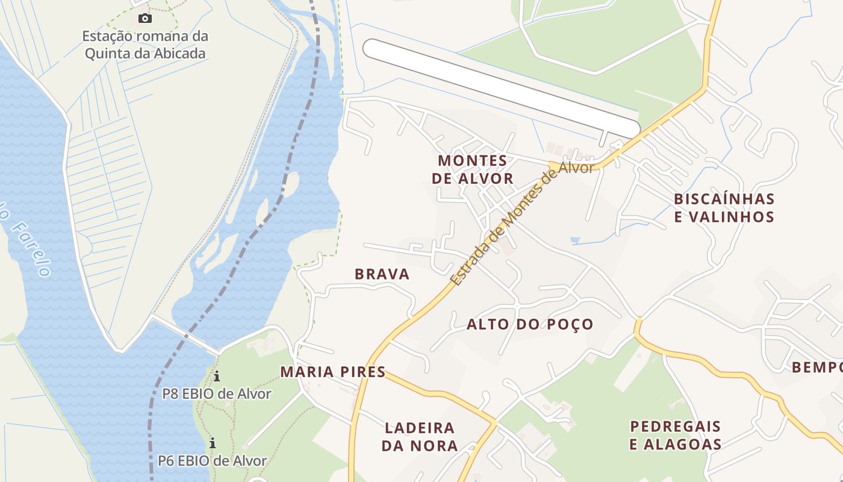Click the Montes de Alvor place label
[473, 169]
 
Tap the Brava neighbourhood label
[382, 274]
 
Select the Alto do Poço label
[530, 324]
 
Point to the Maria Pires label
[332, 372]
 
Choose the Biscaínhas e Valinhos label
[724, 207]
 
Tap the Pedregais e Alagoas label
[675, 435]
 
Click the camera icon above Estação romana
[145, 19]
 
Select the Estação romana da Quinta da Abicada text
[145, 45]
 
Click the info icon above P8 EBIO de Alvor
[217, 377]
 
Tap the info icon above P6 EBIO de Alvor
[213, 443]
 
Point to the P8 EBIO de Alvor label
[217, 394]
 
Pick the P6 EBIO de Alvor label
[212, 461]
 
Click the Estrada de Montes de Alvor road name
[521, 224]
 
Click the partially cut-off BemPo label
[817, 367]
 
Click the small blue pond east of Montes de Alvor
[575, 240]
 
